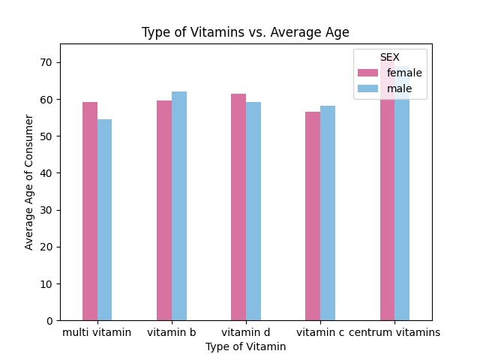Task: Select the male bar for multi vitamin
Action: point(104,220)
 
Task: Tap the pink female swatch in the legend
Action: point(368,73)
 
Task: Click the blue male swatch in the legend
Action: point(368,88)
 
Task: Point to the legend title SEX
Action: point(389,57)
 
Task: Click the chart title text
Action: point(245,33)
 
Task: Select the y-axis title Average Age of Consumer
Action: point(29,182)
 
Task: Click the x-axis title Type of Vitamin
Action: point(245,346)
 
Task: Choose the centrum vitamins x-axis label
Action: point(394,332)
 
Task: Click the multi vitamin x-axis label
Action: point(97,332)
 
